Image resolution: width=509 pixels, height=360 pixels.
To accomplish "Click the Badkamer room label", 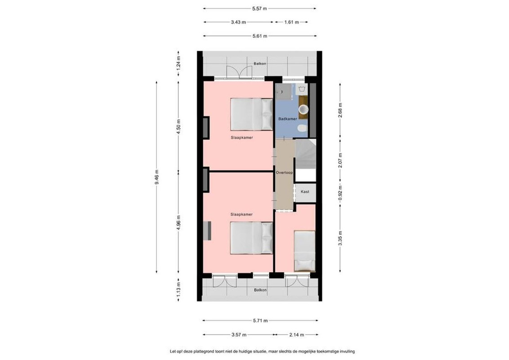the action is pyautogui.click(x=288, y=119).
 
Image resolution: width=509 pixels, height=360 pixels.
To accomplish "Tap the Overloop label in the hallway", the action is pyautogui.click(x=284, y=172).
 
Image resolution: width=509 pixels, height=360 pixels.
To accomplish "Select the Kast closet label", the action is pyautogui.click(x=305, y=192).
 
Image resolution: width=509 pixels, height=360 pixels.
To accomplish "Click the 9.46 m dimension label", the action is pyautogui.click(x=157, y=177).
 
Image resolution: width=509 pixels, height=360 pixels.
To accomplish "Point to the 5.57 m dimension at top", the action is pyautogui.click(x=259, y=9).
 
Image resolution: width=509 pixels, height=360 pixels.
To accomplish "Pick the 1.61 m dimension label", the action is pyautogui.click(x=291, y=22).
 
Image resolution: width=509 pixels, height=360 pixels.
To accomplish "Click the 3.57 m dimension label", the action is pyautogui.click(x=239, y=335).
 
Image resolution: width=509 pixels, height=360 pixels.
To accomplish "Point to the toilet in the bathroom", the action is pyautogui.click(x=302, y=128).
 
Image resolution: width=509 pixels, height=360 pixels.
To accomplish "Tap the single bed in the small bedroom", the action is pyautogui.click(x=304, y=251).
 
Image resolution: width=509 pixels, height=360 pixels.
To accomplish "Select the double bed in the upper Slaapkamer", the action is pyautogui.click(x=252, y=114).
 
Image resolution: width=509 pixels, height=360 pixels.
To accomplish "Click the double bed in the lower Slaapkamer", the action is pyautogui.click(x=252, y=238).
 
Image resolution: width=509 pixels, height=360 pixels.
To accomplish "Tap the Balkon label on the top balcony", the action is pyautogui.click(x=260, y=64).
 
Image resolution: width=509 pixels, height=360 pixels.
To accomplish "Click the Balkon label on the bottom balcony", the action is pyautogui.click(x=260, y=290).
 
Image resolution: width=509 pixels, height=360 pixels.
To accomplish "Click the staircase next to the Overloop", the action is pyautogui.click(x=305, y=154).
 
